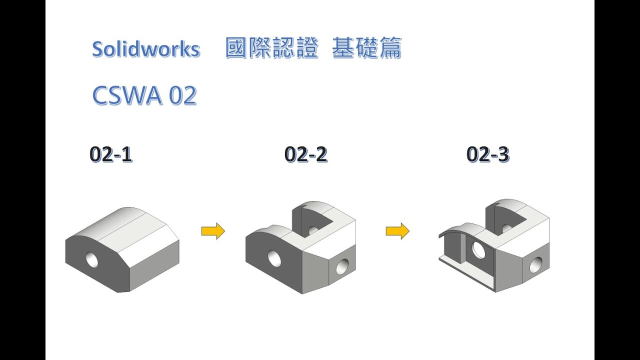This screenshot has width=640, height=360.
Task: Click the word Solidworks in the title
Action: (x=146, y=49)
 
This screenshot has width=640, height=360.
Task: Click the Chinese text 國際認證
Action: (x=272, y=49)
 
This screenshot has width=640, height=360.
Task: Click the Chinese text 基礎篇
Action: (x=366, y=49)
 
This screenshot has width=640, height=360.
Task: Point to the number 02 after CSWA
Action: (x=183, y=95)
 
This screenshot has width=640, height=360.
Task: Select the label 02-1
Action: (x=111, y=154)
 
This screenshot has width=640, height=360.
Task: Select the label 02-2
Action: (x=305, y=154)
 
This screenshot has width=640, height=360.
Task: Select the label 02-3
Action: (x=487, y=154)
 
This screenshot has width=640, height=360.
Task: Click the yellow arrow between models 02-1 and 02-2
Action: (x=213, y=231)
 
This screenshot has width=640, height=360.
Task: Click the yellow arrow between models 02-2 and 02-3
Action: (x=397, y=231)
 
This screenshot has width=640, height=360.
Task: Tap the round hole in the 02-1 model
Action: (x=92, y=259)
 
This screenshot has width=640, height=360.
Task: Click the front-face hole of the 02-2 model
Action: (x=274, y=258)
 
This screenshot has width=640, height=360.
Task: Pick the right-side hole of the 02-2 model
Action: (x=342, y=267)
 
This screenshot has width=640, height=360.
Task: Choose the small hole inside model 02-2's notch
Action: (x=313, y=230)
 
